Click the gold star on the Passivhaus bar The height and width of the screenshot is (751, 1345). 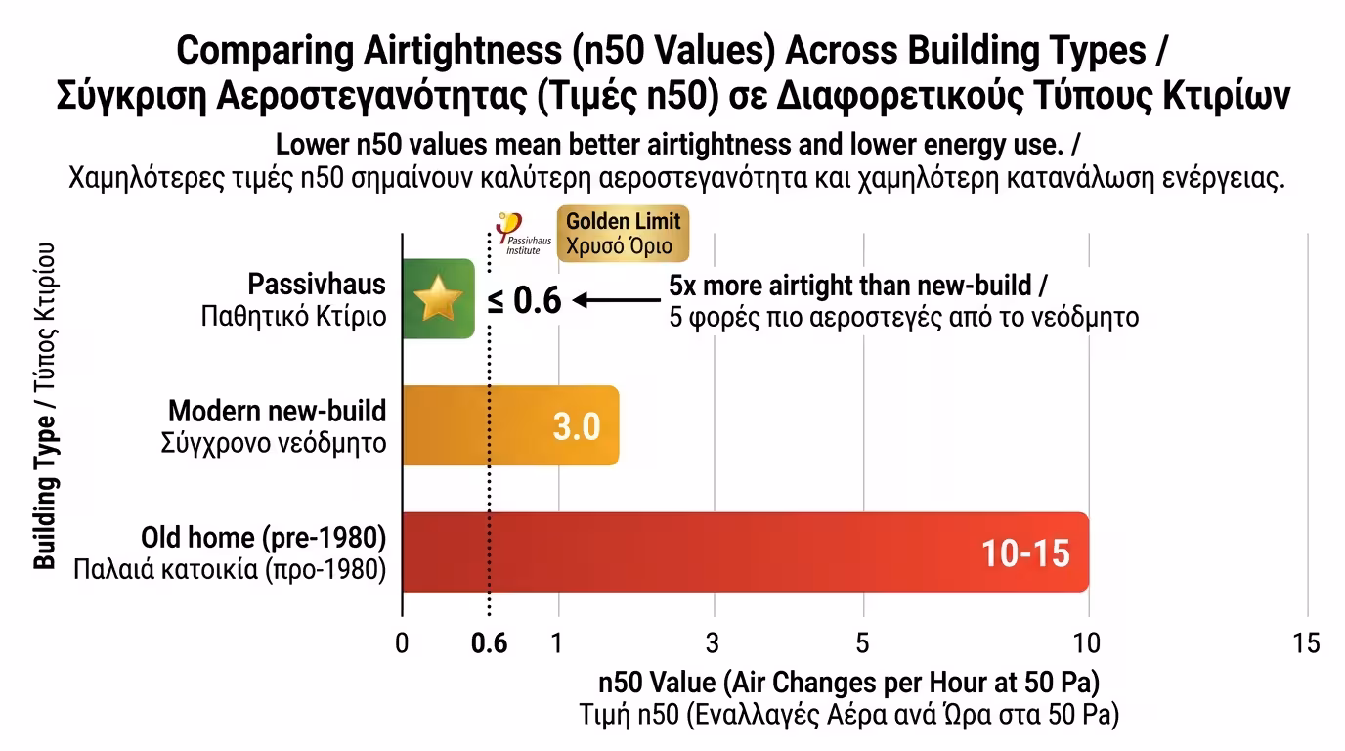pyautogui.click(x=437, y=299)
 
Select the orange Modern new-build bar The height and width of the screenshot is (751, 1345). pyautogui.click(x=510, y=425)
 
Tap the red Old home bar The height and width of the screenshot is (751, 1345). pyautogui.click(x=744, y=552)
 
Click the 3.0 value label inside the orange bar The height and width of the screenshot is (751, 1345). pyautogui.click(x=576, y=427)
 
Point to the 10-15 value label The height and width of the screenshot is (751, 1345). pyautogui.click(x=1025, y=553)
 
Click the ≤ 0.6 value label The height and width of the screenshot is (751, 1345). pyautogui.click(x=525, y=301)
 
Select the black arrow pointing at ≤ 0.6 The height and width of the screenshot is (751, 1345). pyautogui.click(x=613, y=300)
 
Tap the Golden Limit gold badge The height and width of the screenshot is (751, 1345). pyautogui.click(x=623, y=234)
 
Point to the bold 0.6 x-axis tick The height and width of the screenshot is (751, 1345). pyautogui.click(x=489, y=643)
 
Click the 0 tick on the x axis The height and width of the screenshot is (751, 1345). pyautogui.click(x=402, y=643)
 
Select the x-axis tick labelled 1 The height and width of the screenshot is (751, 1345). pyautogui.click(x=557, y=643)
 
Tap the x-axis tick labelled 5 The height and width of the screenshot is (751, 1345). pyautogui.click(x=863, y=643)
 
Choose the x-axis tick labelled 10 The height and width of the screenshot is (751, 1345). pyautogui.click(x=1087, y=643)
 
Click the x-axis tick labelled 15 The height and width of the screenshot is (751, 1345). pyautogui.click(x=1306, y=643)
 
